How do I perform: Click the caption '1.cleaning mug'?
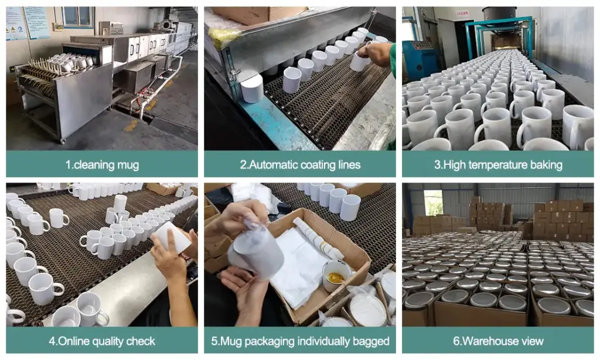coord(102,165)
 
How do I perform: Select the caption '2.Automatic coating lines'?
coord(300,165)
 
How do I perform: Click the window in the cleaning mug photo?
coord(78,16)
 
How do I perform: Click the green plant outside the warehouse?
coord(434,203)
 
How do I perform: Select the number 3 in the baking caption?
coord(437,165)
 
